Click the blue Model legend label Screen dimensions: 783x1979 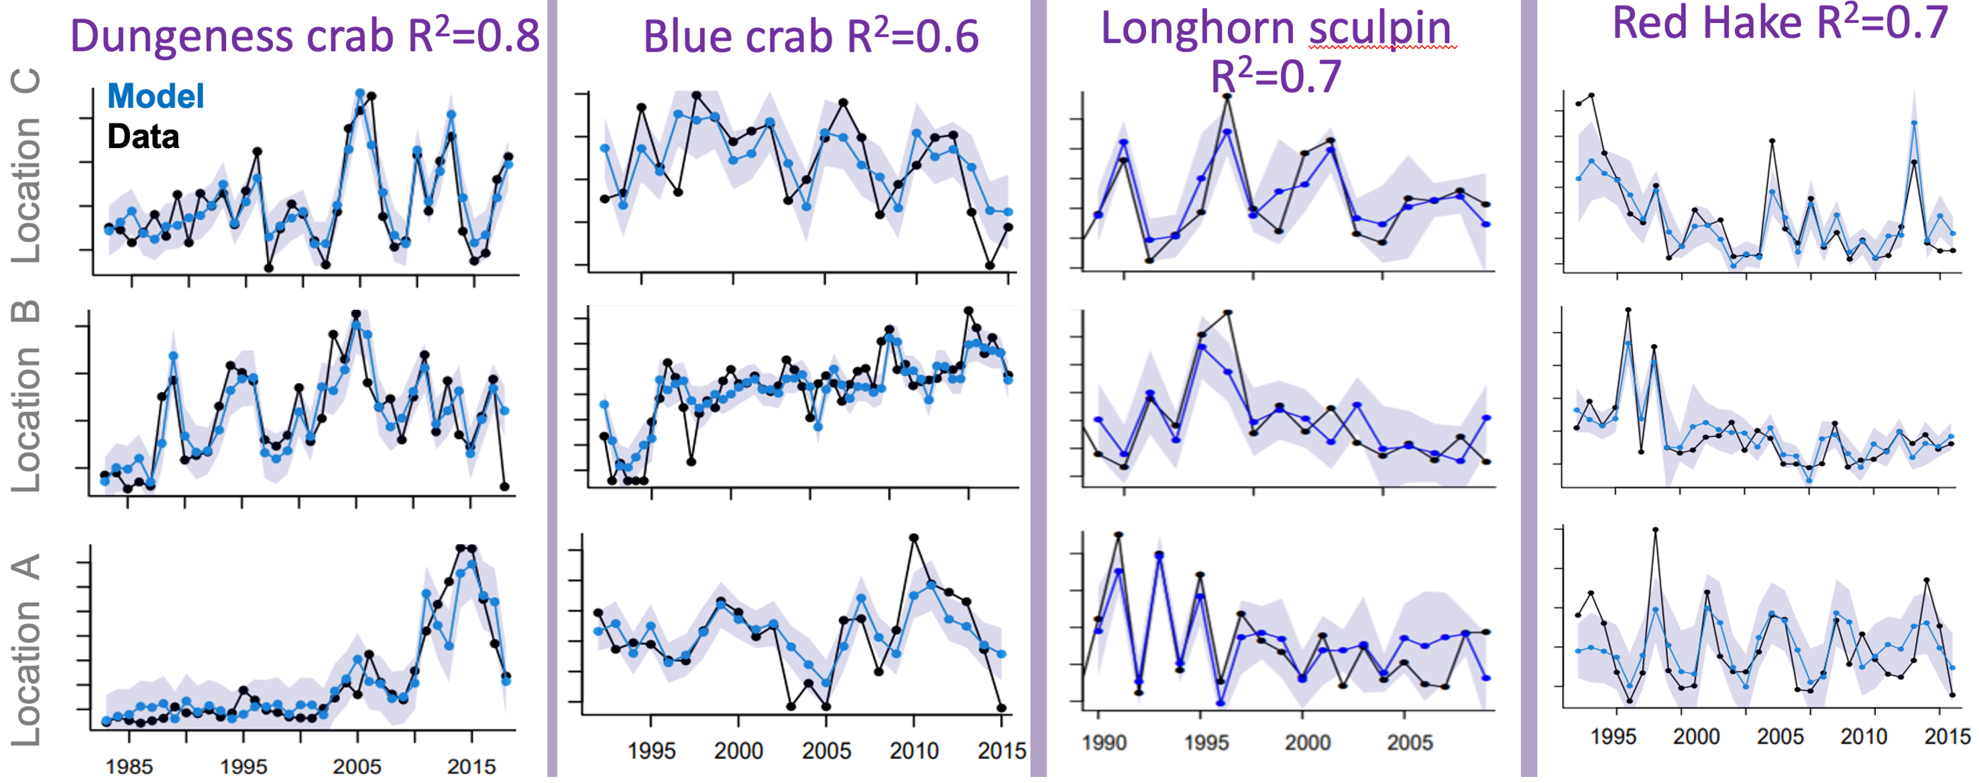point(156,96)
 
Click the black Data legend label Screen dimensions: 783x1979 point(144,137)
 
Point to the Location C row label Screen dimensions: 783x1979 point(26,166)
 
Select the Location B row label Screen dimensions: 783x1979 point(26,396)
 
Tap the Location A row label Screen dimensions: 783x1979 point(26,650)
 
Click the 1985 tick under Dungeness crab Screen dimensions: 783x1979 point(129,766)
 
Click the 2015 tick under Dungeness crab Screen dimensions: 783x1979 point(471,766)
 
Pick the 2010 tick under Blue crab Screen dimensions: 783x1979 point(913,750)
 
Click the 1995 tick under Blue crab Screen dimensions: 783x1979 point(651,750)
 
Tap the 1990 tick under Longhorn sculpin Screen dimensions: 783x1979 point(1104,742)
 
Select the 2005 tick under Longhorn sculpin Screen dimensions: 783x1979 point(1409,742)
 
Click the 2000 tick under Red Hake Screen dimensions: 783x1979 point(1696,736)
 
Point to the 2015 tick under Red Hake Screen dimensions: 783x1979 point(1946,736)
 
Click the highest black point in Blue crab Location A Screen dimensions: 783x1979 point(913,538)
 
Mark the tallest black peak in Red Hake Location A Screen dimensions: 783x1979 point(1655,530)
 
